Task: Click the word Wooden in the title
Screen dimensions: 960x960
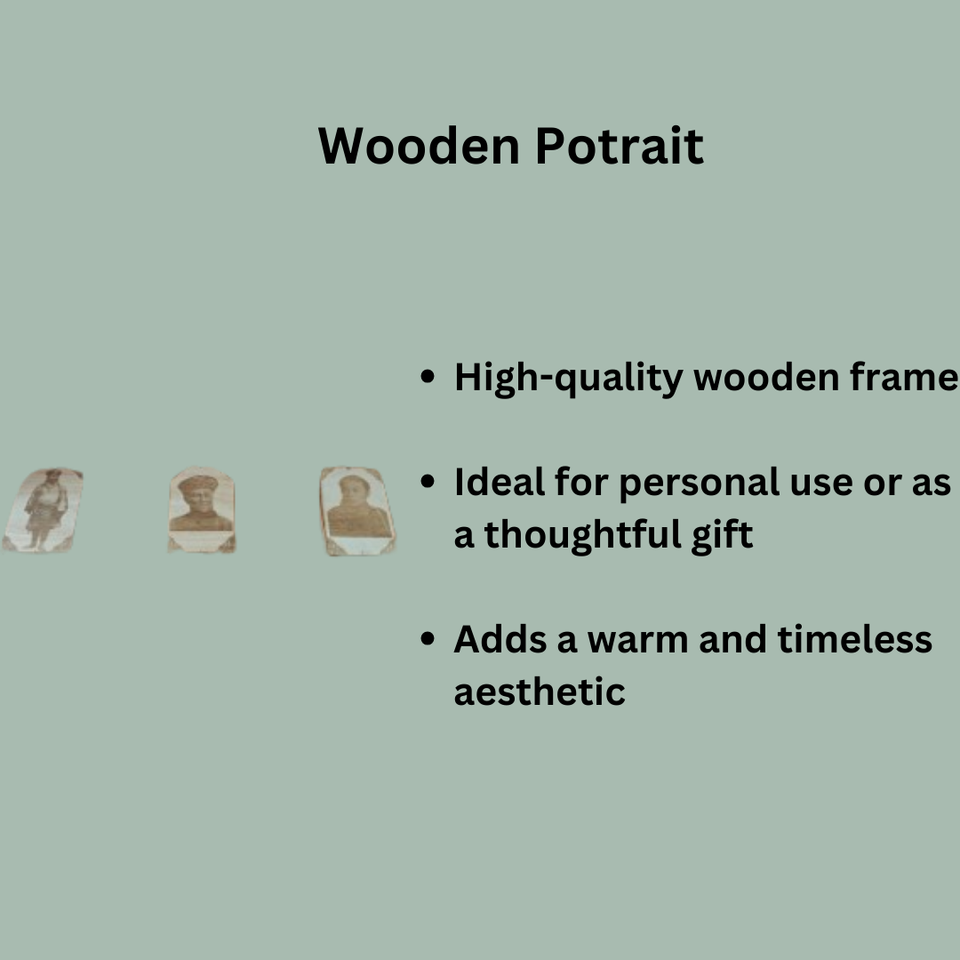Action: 420,146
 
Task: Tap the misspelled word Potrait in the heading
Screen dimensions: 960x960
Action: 620,146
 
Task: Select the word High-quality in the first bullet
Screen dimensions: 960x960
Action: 569,379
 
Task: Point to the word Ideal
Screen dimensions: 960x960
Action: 500,482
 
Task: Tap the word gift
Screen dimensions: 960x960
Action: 723,536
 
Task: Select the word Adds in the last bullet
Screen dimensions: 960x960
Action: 500,640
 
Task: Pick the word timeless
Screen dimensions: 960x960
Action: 855,640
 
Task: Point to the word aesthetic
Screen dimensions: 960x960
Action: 540,692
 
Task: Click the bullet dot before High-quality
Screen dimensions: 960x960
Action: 428,377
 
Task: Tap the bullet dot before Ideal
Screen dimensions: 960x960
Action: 428,481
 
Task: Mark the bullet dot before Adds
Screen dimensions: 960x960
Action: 428,639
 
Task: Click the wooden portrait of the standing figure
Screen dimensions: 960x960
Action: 43,510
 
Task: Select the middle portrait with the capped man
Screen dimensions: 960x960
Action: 202,510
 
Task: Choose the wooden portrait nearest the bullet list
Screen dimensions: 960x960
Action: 357,511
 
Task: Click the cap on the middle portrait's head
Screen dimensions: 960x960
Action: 198,483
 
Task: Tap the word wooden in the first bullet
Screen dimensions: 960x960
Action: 766,377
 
